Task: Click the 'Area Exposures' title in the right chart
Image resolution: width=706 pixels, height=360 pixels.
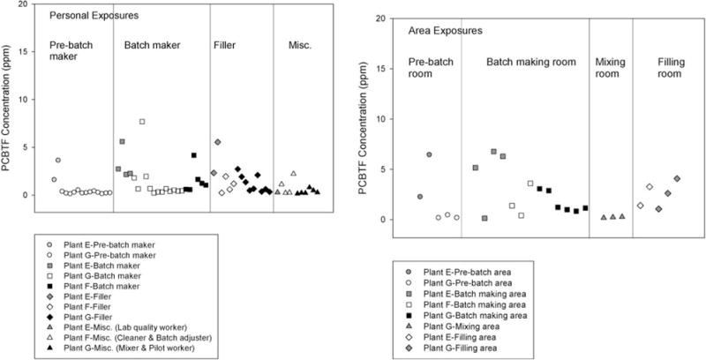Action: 446,31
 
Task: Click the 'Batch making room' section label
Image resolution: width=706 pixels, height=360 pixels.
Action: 525,61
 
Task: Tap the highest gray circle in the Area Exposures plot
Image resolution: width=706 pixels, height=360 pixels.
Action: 429,154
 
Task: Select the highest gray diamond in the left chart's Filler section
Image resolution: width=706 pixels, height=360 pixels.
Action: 217,142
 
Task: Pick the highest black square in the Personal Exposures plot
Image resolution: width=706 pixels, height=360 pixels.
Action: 193,155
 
